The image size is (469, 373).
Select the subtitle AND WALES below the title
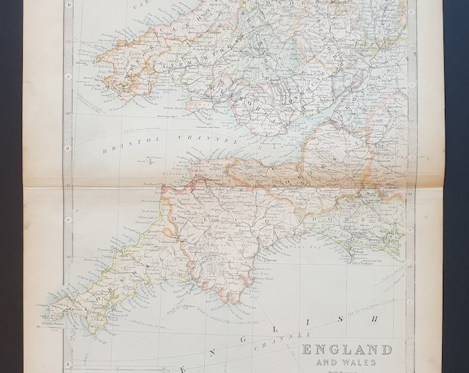(x=347, y=362)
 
